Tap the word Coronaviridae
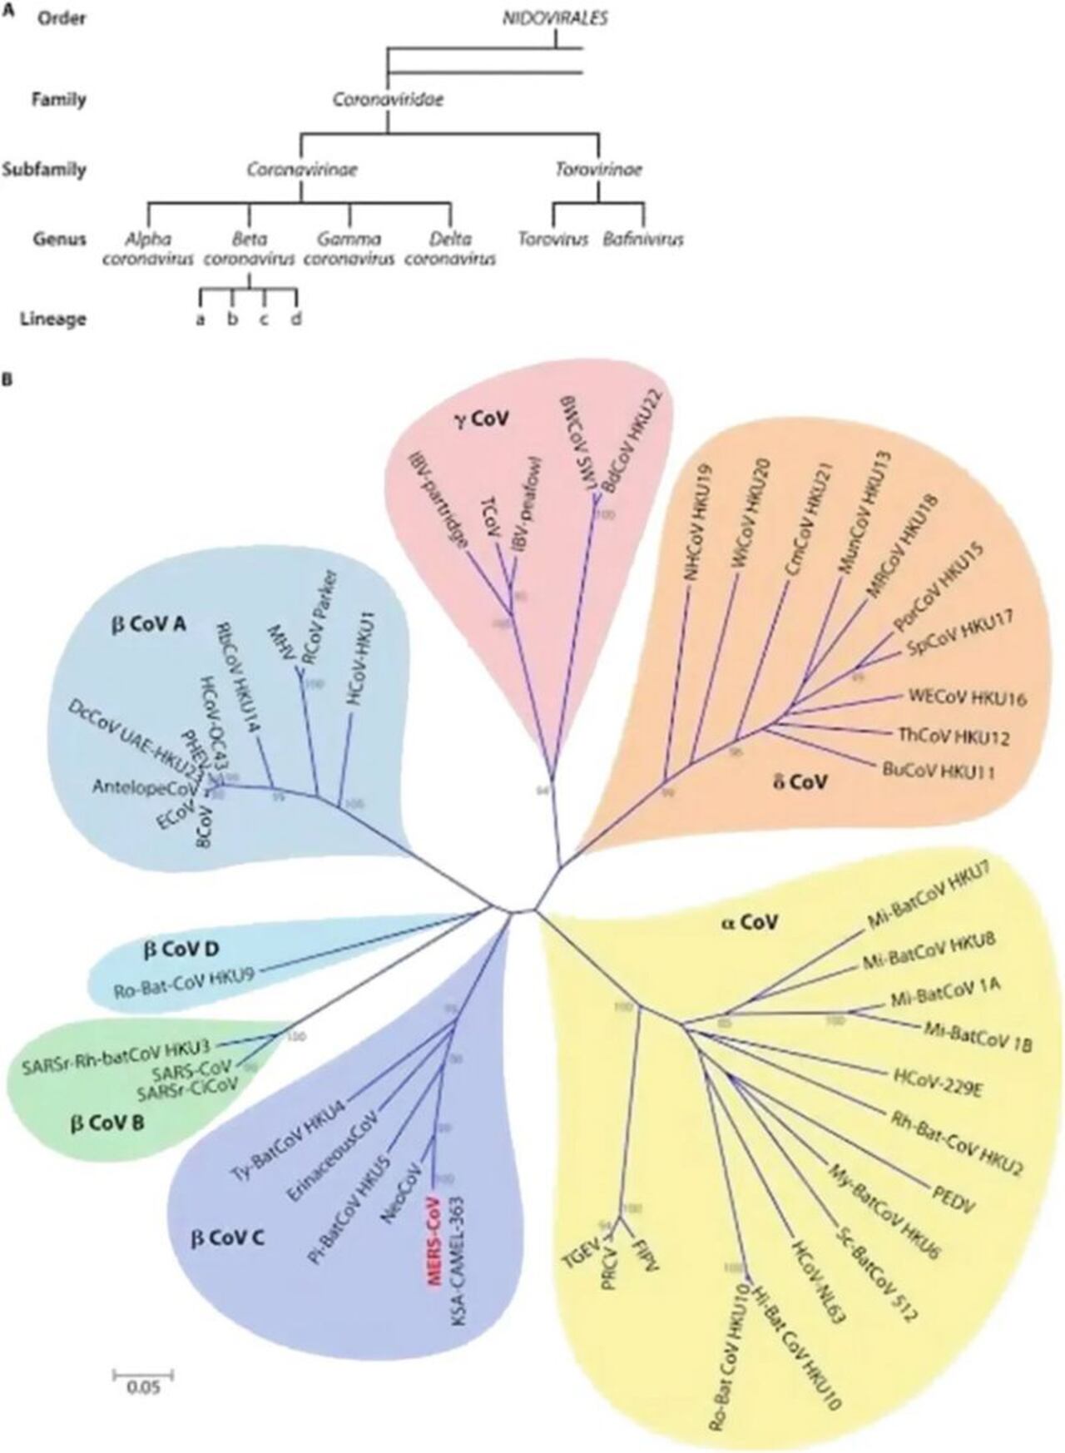click(x=388, y=100)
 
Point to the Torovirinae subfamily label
click(x=598, y=170)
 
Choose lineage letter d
click(x=296, y=319)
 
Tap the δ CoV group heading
click(x=800, y=781)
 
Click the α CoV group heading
click(x=749, y=922)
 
